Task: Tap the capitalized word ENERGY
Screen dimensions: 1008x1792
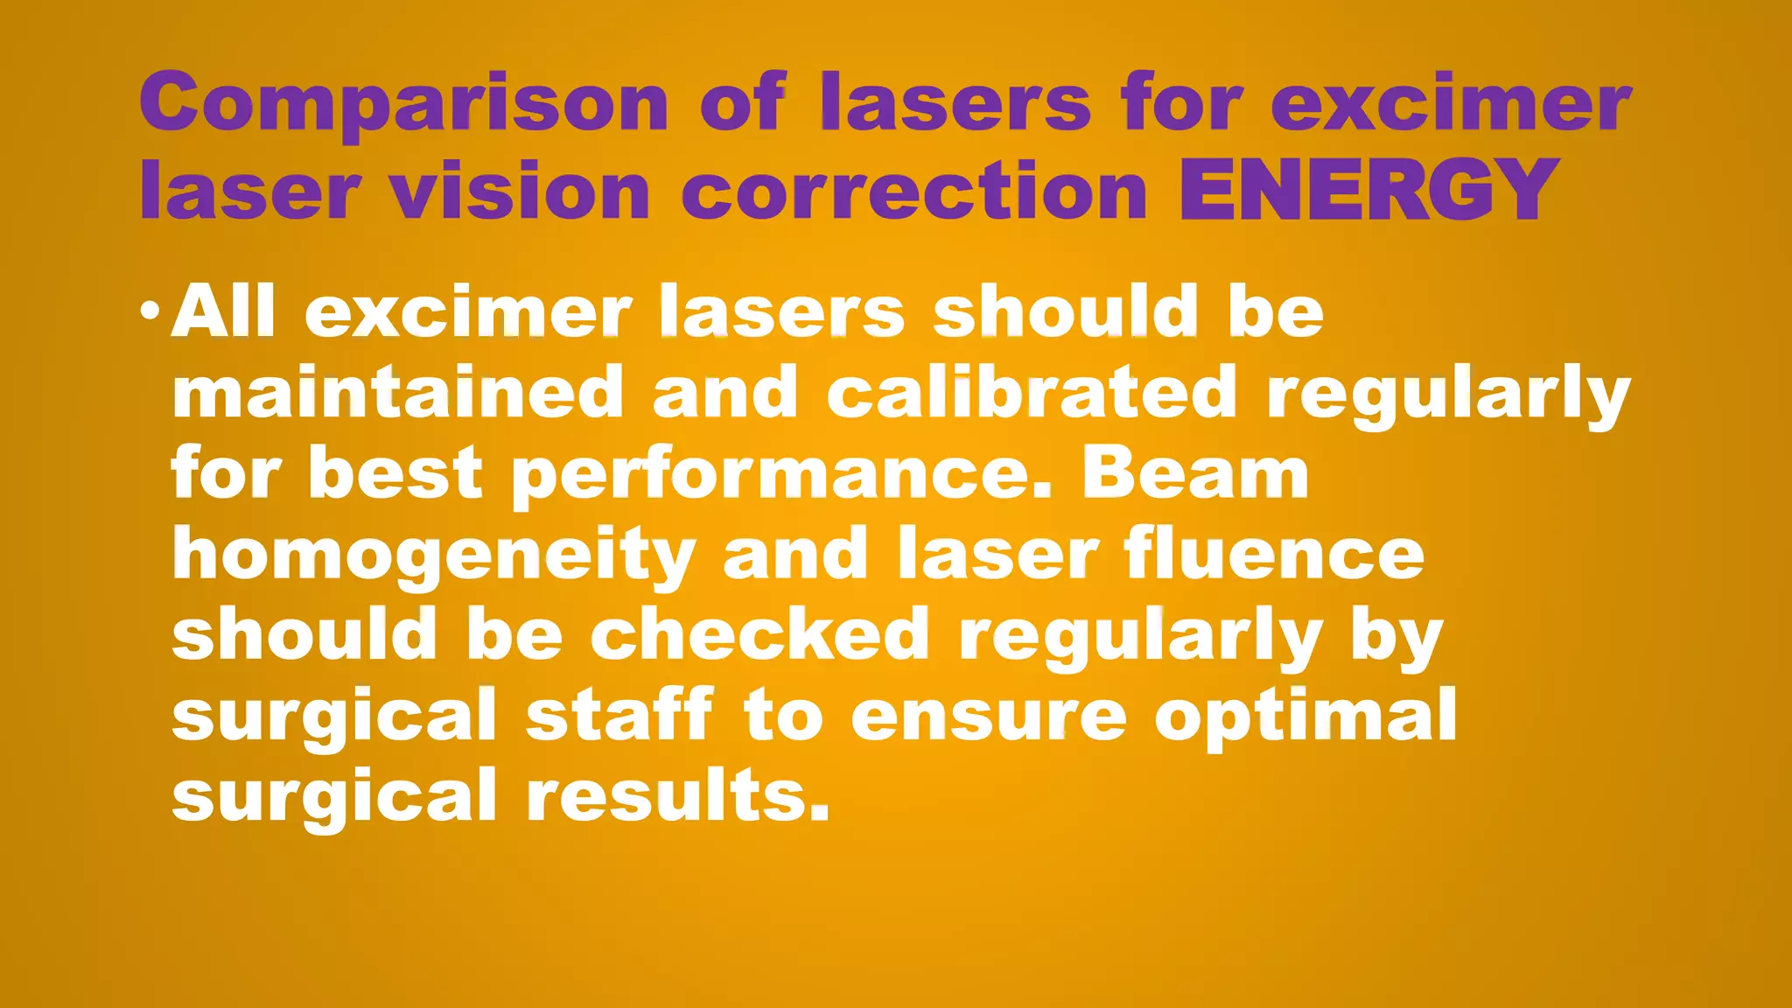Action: click(x=1369, y=190)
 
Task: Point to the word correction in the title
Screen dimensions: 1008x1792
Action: click(x=914, y=190)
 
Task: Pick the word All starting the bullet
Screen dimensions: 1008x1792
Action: click(x=223, y=311)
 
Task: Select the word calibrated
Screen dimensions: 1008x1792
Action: click(x=1032, y=393)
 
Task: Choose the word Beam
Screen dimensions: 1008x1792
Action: click(x=1195, y=473)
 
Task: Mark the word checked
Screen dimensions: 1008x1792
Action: click(x=760, y=634)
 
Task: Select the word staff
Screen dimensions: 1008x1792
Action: click(x=619, y=715)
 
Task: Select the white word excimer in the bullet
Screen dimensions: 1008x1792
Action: click(x=468, y=312)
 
